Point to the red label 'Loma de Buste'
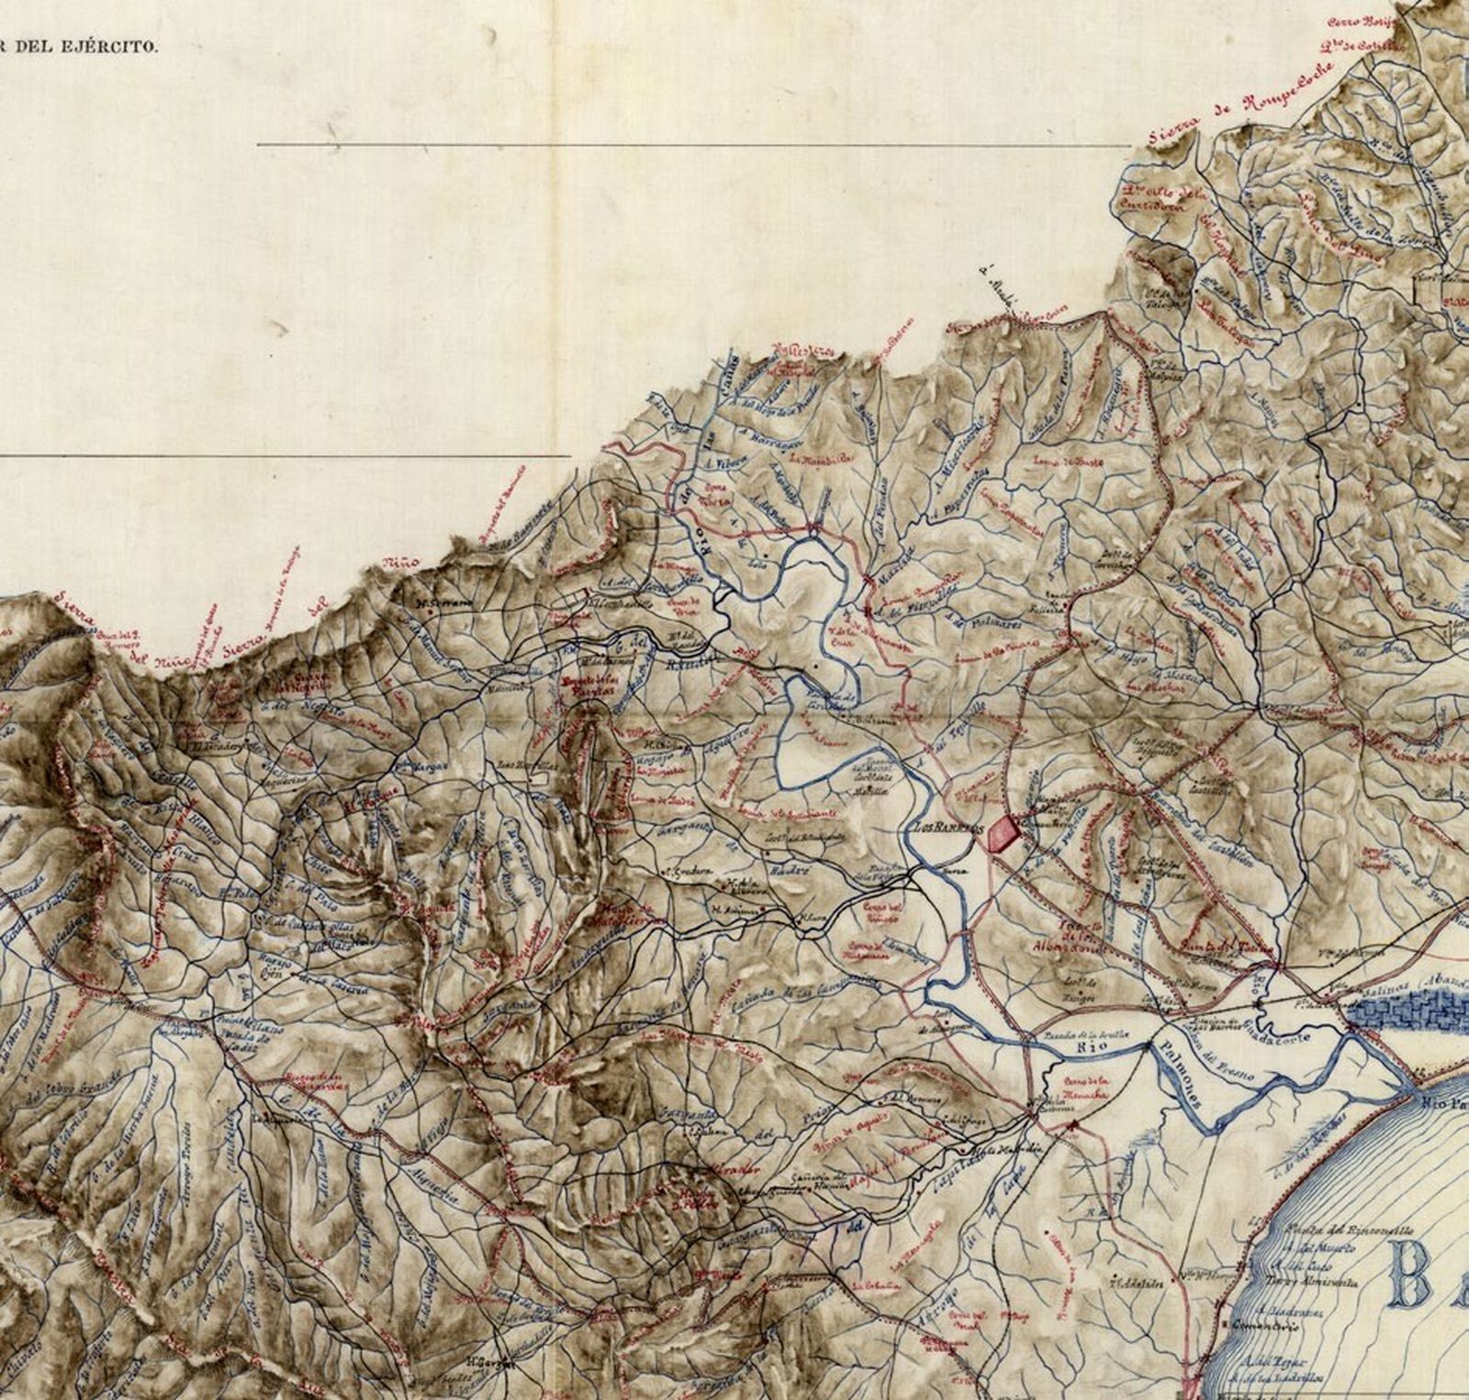tap(1068, 461)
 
